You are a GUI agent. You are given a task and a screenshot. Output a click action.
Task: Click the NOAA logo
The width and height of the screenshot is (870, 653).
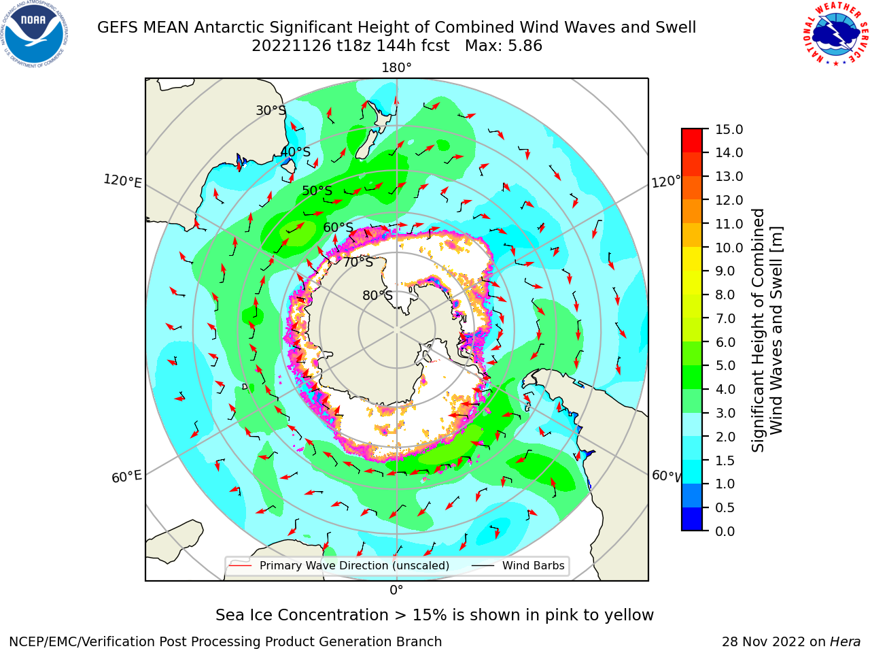click(x=35, y=35)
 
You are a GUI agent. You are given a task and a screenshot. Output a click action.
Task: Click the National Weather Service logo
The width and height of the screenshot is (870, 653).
click(x=835, y=34)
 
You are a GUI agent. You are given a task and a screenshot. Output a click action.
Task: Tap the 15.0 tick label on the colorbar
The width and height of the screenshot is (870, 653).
click(x=729, y=129)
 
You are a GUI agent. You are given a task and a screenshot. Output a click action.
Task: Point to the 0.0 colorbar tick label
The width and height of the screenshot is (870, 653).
click(x=725, y=531)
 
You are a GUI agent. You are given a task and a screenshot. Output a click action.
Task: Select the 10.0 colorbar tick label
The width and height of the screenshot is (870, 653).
click(x=729, y=248)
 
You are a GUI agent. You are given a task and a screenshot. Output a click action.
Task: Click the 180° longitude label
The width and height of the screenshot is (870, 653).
click(x=396, y=68)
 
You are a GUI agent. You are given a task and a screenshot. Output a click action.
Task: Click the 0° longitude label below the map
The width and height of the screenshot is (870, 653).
click(x=396, y=590)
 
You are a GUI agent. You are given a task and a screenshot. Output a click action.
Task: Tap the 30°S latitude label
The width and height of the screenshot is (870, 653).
click(x=271, y=110)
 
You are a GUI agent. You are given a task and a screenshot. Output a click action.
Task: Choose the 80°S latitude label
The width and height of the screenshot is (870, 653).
click(x=377, y=295)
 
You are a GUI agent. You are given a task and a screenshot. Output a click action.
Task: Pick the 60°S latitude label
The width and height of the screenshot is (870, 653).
click(x=338, y=227)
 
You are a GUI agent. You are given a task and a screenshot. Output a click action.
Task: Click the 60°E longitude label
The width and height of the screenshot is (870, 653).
click(x=126, y=477)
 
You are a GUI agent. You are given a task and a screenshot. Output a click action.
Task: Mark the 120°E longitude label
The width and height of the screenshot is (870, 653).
click(x=122, y=181)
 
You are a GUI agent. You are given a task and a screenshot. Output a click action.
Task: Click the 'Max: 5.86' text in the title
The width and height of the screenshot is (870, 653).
click(x=504, y=46)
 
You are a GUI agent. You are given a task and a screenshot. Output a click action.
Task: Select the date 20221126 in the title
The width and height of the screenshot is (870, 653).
click(x=292, y=46)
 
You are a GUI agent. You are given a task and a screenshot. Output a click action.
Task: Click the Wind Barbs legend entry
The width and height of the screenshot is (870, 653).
click(x=519, y=566)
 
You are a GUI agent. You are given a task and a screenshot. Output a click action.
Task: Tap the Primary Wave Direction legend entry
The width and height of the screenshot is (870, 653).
click(x=340, y=566)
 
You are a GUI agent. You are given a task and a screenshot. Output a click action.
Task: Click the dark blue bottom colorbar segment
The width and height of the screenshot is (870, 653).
click(x=692, y=519)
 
